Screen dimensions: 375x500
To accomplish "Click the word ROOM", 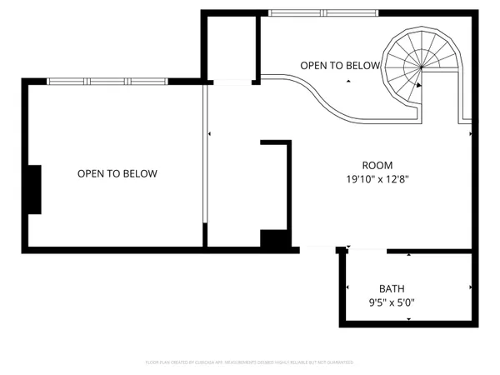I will coord(377,165).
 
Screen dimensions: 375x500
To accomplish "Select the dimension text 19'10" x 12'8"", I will coord(377,178).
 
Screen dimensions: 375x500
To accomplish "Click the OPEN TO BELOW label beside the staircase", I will coord(340,65).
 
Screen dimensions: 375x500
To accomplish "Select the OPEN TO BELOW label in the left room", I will coord(117,173).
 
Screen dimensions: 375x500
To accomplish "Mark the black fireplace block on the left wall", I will coord(33,190).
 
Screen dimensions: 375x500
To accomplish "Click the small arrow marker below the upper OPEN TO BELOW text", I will coord(349,80).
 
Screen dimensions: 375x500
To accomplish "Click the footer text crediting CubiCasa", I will coord(250,362).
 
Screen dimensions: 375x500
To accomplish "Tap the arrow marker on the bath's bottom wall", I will coord(407,318).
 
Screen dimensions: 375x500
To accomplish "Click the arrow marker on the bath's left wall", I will coord(347,288).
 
